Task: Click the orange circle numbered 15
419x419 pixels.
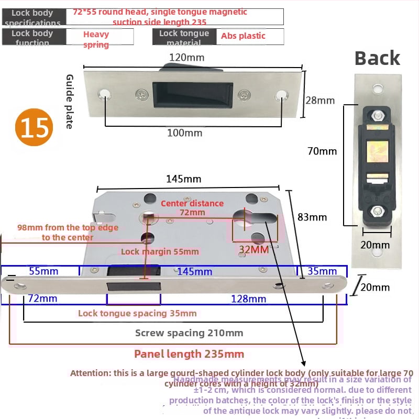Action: click(x=36, y=127)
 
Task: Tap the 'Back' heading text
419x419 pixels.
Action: click(x=377, y=58)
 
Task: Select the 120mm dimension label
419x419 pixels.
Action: click(x=186, y=57)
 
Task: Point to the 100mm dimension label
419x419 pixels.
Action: click(x=184, y=133)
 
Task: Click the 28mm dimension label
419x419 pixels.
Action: click(x=319, y=100)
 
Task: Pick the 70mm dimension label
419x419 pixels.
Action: click(x=322, y=151)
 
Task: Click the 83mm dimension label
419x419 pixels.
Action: click(x=312, y=217)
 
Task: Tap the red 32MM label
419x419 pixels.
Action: click(x=254, y=249)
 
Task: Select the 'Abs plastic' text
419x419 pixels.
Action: click(x=243, y=36)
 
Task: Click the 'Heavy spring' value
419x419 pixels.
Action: click(x=96, y=39)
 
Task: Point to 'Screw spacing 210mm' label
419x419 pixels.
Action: click(x=189, y=333)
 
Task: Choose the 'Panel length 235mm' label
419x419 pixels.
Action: click(x=189, y=354)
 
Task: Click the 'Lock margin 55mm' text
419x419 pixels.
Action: click(x=160, y=251)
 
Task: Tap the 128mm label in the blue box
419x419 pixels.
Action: click(x=249, y=299)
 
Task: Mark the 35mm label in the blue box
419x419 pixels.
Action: click(x=322, y=271)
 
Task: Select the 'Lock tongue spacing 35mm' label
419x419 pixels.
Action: click(x=137, y=313)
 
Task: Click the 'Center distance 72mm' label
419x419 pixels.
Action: click(x=192, y=207)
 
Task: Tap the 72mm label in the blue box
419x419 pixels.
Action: click(x=42, y=299)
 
